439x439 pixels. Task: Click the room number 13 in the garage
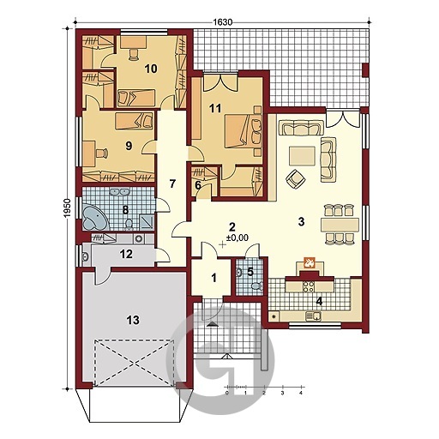click(x=133, y=320)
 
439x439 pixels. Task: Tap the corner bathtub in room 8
click(x=94, y=216)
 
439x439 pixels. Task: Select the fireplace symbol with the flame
click(x=310, y=262)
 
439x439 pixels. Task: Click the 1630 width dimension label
click(x=222, y=22)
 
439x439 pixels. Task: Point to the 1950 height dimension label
click(x=67, y=208)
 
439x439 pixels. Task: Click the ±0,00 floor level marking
click(x=238, y=238)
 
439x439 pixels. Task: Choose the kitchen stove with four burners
click(x=309, y=286)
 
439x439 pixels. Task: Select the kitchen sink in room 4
click(x=313, y=316)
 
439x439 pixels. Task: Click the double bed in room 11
click(x=243, y=131)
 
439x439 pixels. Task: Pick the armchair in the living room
click(x=296, y=178)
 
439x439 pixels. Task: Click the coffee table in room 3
click(x=302, y=156)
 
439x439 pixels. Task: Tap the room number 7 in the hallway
click(x=171, y=184)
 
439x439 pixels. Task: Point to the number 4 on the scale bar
click(x=301, y=393)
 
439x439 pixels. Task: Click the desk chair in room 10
click(x=133, y=54)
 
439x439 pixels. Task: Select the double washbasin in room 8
click(x=119, y=191)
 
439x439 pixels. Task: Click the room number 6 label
click(x=198, y=185)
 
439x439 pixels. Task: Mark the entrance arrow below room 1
click(x=212, y=323)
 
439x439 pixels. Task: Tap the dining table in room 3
click(x=340, y=225)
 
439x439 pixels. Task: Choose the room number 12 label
click(x=126, y=254)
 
